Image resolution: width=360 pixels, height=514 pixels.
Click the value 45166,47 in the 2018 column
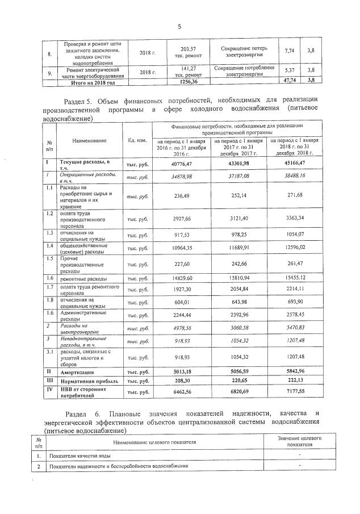coord(295,164)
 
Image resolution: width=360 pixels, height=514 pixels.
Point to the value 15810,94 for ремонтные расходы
coord(238,278)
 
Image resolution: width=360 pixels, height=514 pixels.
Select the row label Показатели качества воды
coord(79,456)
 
